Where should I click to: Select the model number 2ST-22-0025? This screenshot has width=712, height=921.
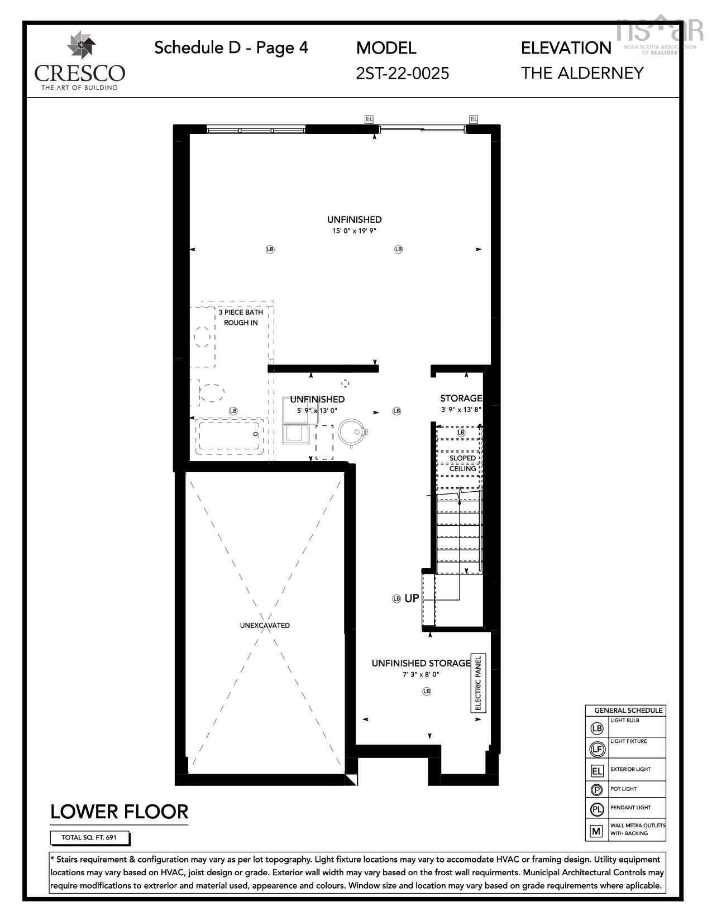(x=402, y=73)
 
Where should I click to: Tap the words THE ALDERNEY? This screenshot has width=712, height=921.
(x=582, y=73)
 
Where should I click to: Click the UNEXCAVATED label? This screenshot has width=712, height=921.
(x=265, y=625)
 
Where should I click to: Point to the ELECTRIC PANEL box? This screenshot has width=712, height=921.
(x=478, y=683)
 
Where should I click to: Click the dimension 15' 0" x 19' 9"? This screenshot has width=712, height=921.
(x=354, y=231)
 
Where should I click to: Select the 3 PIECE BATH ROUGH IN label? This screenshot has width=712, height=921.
(x=241, y=317)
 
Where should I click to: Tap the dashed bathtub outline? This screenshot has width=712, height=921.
(x=230, y=436)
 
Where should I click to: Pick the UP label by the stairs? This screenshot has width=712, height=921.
(x=412, y=598)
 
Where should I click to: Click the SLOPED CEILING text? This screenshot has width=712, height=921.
(x=462, y=463)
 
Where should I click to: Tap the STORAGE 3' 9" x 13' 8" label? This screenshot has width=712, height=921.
(x=461, y=403)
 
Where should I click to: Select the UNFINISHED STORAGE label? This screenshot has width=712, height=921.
(x=421, y=663)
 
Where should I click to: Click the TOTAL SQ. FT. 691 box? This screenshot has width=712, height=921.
(x=89, y=838)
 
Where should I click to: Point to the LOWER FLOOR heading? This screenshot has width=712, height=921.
(x=119, y=812)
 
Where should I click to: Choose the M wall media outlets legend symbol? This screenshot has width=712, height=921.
(x=597, y=831)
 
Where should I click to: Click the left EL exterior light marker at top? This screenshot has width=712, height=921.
(x=369, y=119)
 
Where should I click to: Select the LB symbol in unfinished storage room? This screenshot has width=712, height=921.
(x=427, y=691)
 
